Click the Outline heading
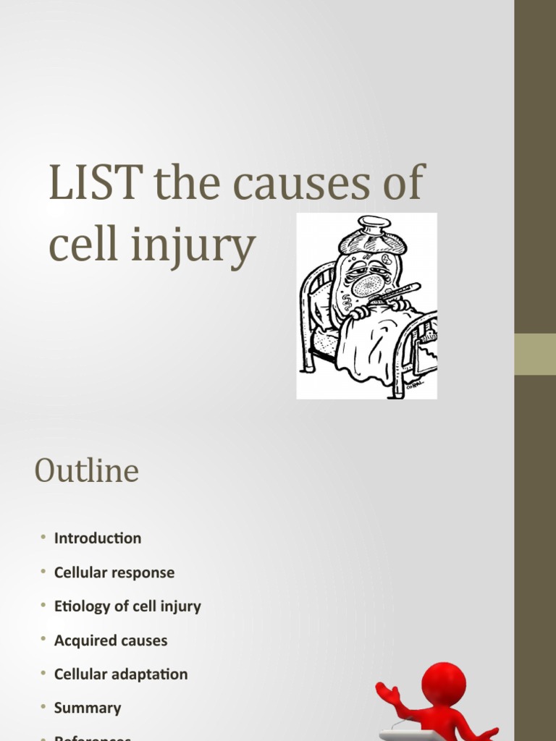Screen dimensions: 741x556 86,472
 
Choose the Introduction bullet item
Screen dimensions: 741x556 98,538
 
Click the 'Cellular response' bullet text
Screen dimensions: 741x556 114,572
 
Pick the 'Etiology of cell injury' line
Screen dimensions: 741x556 127,606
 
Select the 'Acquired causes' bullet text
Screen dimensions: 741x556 111,640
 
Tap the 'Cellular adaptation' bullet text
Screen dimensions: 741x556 121,674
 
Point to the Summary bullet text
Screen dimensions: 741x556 88,708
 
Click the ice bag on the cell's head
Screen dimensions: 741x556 372,235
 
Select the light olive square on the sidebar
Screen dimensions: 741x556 535,354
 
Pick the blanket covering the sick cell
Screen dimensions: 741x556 373,340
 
